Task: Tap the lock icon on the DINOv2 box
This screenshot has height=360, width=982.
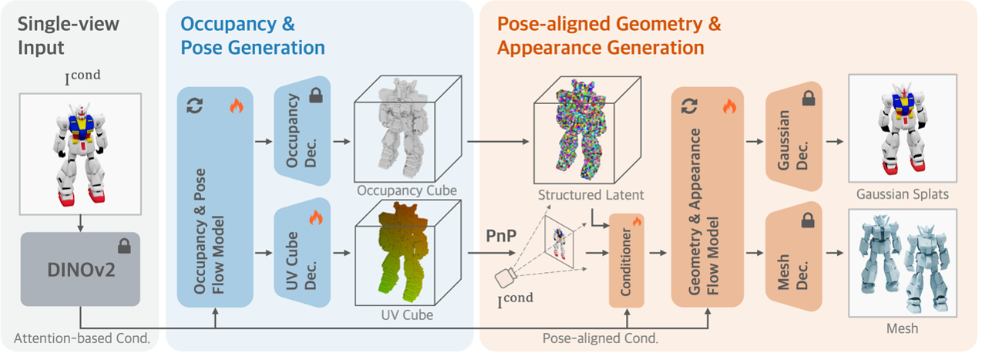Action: pyautogui.click(x=123, y=247)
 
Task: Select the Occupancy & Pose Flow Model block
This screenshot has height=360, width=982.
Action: pyautogui.click(x=215, y=197)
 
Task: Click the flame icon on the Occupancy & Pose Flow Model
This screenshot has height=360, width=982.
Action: pyautogui.click(x=237, y=107)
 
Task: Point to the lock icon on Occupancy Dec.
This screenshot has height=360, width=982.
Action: pyautogui.click(x=316, y=96)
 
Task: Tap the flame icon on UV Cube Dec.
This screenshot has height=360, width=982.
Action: pyautogui.click(x=315, y=218)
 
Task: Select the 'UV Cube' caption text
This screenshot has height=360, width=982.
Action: pyautogui.click(x=408, y=315)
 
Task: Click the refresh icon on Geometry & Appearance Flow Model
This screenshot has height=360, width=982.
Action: pyautogui.click(x=689, y=107)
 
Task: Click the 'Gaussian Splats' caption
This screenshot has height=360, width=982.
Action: pyautogui.click(x=903, y=195)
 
